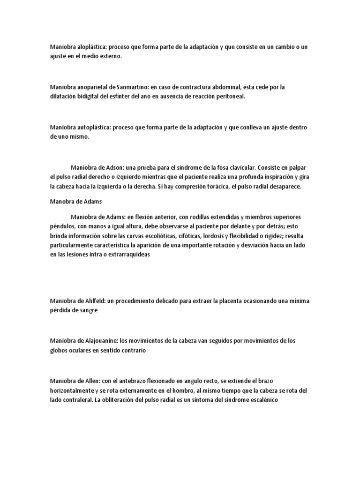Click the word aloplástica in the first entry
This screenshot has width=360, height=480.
[x=92, y=47]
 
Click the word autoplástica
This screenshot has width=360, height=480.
[x=93, y=127]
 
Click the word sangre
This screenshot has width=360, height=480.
[x=89, y=310]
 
